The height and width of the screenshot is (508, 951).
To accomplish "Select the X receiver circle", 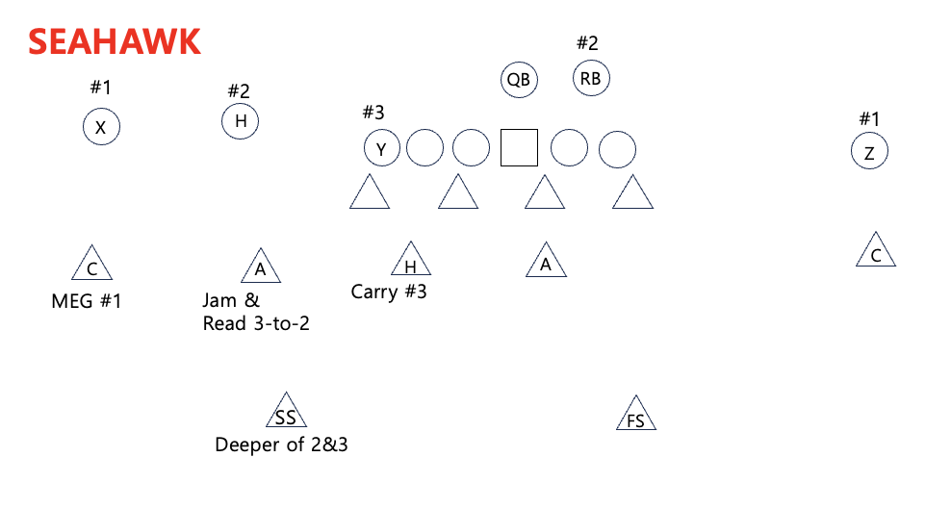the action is click(x=101, y=127).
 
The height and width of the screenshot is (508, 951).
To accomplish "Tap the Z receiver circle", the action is click(x=869, y=152).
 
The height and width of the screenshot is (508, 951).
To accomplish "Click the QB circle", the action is click(x=519, y=80).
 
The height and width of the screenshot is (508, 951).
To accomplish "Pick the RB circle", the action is click(x=591, y=79).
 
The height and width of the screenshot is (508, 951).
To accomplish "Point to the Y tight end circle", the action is click(x=381, y=149).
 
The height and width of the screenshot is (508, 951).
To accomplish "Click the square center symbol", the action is click(x=519, y=148).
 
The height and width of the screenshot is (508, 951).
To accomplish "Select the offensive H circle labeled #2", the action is click(x=241, y=121).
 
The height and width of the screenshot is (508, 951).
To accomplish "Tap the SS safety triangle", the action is click(x=286, y=413).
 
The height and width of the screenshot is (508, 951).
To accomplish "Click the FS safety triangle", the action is click(x=635, y=415).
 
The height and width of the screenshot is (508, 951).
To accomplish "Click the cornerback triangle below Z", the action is click(x=875, y=252).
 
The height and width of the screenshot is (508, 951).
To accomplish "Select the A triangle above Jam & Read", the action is click(x=260, y=267).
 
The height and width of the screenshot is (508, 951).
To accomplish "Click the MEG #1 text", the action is click(x=87, y=301).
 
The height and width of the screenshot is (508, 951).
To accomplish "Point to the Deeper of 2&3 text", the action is click(x=281, y=444).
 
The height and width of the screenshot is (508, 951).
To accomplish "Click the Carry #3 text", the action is click(x=389, y=292).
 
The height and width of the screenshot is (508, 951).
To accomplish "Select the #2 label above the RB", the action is click(x=587, y=43).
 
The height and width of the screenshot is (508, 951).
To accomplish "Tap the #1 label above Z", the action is click(x=869, y=119).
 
